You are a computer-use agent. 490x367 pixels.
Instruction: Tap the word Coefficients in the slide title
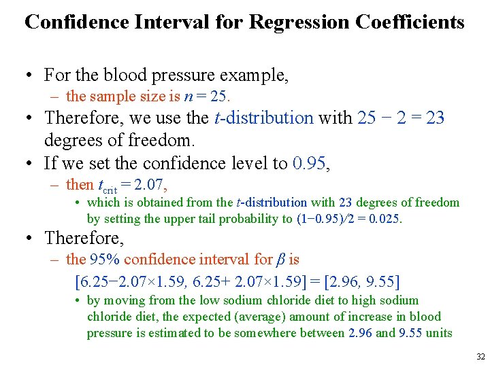pyautogui.click(x=410, y=22)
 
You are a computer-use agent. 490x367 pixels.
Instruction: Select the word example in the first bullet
pyautogui.click(x=255, y=74)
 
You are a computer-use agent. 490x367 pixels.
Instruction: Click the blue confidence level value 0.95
pyautogui.click(x=310, y=163)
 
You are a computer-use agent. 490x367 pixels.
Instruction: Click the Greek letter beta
pyautogui.click(x=280, y=259)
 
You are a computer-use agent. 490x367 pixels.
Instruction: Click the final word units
pyautogui.click(x=436, y=332)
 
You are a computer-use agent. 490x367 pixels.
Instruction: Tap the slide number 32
pyautogui.click(x=480, y=357)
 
